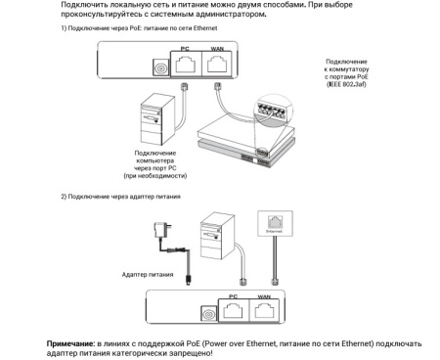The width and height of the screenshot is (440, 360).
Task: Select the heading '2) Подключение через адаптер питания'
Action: [121, 197]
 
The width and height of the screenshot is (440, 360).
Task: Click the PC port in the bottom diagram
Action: [233, 314]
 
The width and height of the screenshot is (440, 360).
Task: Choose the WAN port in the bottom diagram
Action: [265, 314]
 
